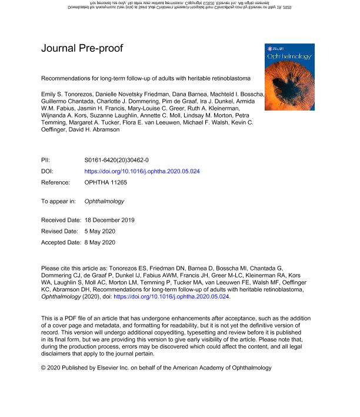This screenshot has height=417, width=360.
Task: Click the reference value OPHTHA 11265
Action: click(106, 182)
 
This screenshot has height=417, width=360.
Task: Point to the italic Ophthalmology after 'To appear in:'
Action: click(105, 201)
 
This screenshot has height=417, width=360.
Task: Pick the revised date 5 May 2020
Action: click(102, 231)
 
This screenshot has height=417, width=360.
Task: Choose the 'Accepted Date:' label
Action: click(61, 242)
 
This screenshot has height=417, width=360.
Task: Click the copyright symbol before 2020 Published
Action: click(44, 368)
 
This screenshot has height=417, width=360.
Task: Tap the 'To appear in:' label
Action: click(58, 201)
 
